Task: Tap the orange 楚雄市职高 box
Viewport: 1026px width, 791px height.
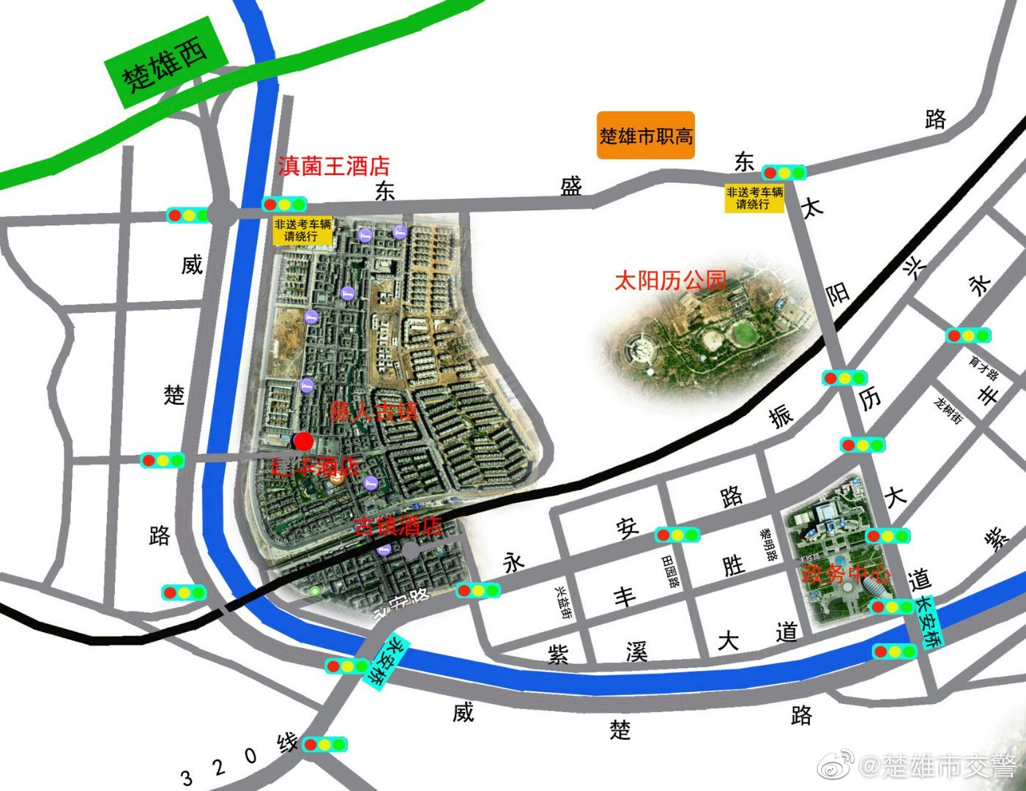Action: pyautogui.click(x=645, y=135)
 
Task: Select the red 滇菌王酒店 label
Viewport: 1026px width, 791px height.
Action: pyautogui.click(x=333, y=166)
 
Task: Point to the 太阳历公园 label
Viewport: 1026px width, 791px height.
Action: pyautogui.click(x=669, y=280)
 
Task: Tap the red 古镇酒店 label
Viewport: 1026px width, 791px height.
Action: pyautogui.click(x=398, y=526)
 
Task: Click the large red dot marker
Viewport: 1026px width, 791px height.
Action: pyautogui.click(x=303, y=441)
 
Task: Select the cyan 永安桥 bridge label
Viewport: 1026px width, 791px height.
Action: pyautogui.click(x=382, y=660)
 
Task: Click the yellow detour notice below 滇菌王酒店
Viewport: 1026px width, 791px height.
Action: pyautogui.click(x=302, y=231)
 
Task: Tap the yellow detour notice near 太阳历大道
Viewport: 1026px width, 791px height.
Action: pyautogui.click(x=754, y=198)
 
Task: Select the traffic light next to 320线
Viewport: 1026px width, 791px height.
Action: pyautogui.click(x=325, y=745)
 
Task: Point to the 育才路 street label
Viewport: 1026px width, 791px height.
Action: pyautogui.click(x=984, y=368)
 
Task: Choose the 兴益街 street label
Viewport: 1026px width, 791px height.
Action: pyautogui.click(x=563, y=603)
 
